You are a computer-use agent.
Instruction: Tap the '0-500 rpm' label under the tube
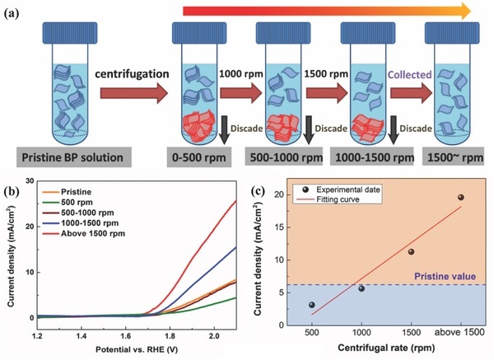tap(200, 156)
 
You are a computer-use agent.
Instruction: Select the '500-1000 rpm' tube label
tap(285, 156)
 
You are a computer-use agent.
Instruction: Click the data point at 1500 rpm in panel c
tap(411, 251)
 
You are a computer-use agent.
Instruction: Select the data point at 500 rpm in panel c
tap(311, 305)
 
